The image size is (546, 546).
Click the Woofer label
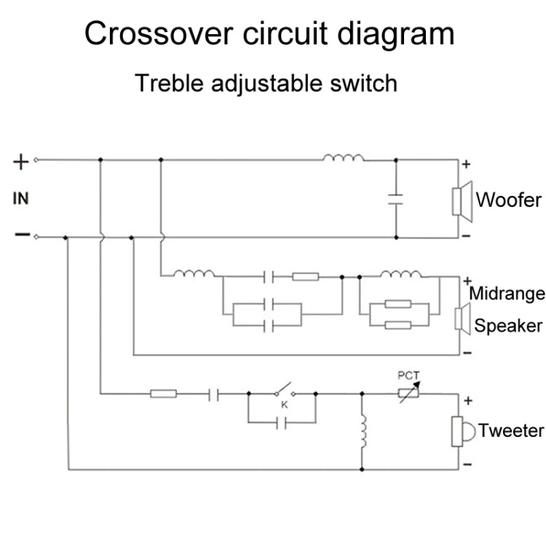508,199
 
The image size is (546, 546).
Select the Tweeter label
512,430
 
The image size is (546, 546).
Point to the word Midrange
507,294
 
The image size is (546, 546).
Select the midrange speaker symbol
461,318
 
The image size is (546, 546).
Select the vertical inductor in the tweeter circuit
362,433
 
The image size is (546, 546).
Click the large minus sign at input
22,235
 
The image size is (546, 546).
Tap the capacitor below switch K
283,422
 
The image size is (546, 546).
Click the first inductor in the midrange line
194,274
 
